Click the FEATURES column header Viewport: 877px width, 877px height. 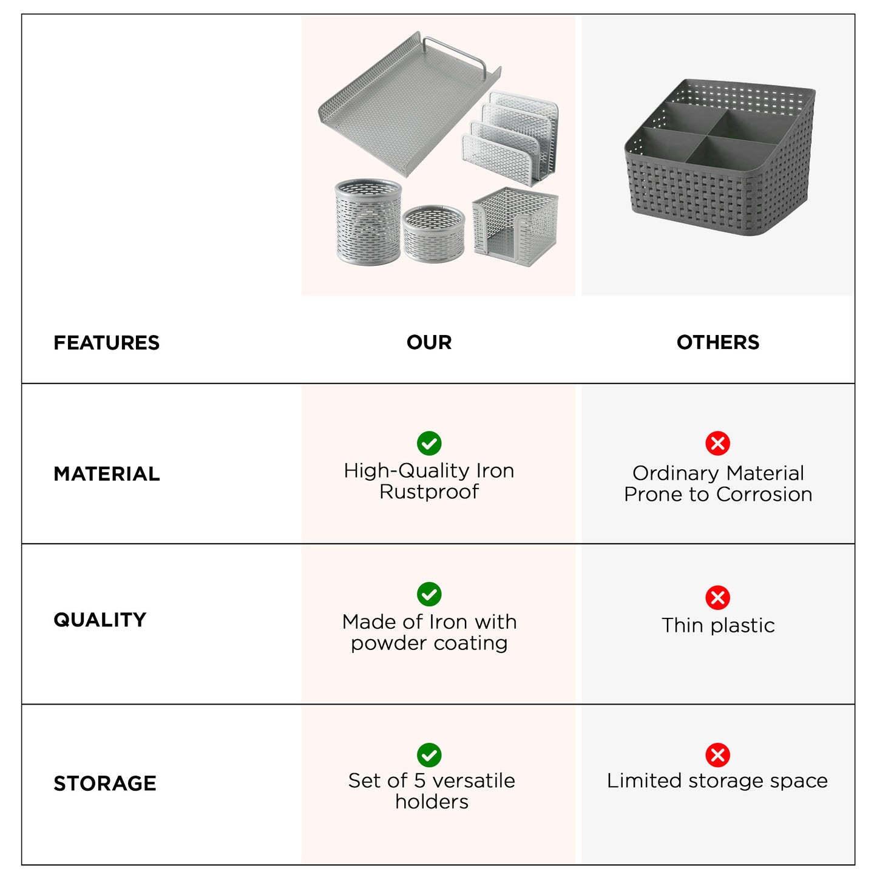click(x=106, y=343)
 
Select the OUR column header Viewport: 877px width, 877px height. click(x=429, y=342)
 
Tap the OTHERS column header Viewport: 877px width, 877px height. click(x=717, y=342)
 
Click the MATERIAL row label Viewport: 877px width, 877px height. click(x=107, y=474)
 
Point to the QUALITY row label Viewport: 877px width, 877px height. click(x=100, y=620)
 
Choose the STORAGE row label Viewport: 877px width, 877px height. click(x=105, y=784)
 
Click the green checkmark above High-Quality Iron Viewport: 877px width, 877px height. click(x=429, y=443)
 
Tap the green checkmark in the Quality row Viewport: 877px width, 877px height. click(x=429, y=594)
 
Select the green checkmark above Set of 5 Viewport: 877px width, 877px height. click(x=429, y=755)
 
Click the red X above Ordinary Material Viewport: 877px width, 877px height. click(x=717, y=443)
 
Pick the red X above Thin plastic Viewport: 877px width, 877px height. click(x=717, y=598)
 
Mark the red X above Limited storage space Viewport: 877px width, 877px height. click(x=717, y=755)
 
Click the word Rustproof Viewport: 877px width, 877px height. click(x=429, y=492)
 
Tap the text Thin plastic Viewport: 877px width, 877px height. click(x=718, y=625)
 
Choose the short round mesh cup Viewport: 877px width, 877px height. click(x=433, y=234)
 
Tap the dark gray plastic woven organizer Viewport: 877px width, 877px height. click(x=720, y=161)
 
